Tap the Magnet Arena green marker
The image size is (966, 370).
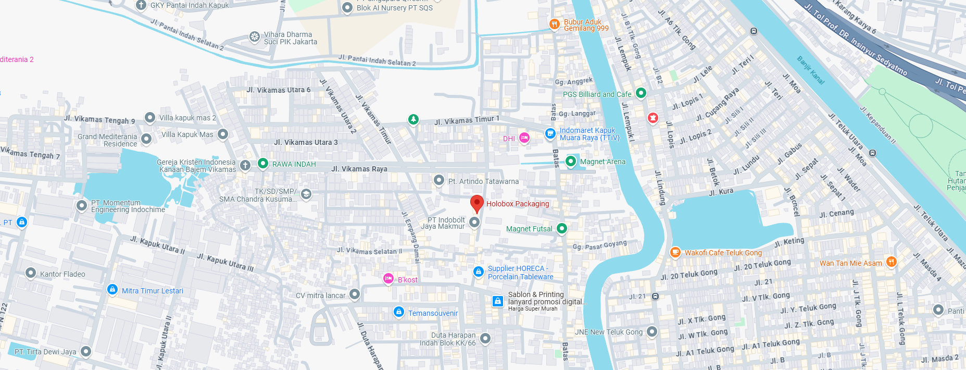(571, 162)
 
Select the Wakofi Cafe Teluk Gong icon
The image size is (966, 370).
(675, 252)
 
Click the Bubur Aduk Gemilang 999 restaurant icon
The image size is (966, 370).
(555, 24)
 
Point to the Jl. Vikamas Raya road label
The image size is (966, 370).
(359, 169)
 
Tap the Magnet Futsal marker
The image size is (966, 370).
(561, 228)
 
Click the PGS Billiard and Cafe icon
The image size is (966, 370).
(641, 93)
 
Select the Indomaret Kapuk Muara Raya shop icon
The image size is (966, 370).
(550, 134)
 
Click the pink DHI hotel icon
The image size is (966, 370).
(524, 138)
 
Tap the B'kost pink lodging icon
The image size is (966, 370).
(388, 279)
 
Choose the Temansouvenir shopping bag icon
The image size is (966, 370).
(399, 312)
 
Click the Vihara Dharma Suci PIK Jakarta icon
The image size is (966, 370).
(255, 36)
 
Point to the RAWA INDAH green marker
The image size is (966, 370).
(263, 164)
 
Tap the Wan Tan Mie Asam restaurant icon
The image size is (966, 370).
(891, 262)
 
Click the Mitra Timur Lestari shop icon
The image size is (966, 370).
(112, 290)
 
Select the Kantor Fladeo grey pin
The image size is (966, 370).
(31, 273)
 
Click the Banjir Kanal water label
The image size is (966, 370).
(811, 70)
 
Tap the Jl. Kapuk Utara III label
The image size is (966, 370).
(225, 262)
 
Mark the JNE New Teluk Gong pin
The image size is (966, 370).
(652, 331)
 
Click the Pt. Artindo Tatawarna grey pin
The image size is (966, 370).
(439, 181)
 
